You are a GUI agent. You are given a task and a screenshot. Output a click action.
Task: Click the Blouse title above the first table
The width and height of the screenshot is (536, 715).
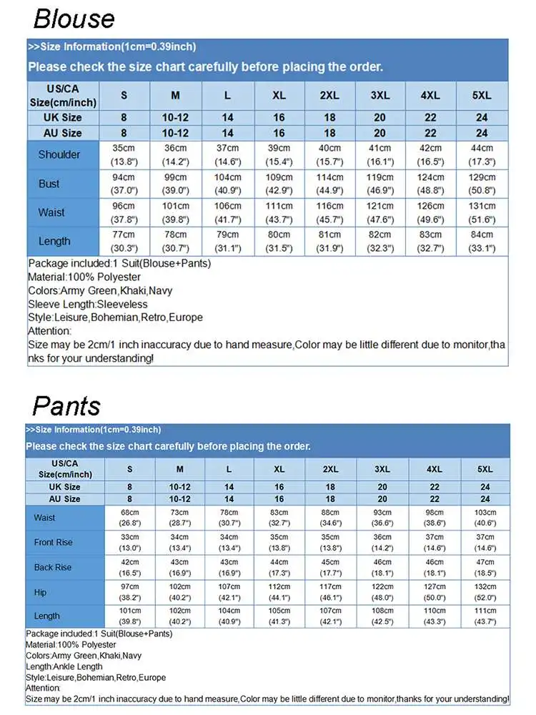(x=74, y=18)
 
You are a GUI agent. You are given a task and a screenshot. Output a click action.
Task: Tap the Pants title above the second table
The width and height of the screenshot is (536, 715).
(x=66, y=405)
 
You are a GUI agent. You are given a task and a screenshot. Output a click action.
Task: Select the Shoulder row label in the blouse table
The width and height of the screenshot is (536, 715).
(x=59, y=154)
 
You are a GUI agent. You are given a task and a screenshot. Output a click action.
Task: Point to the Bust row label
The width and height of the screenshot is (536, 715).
(x=49, y=184)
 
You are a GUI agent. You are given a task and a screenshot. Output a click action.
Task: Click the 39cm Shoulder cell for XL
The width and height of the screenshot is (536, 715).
(x=279, y=154)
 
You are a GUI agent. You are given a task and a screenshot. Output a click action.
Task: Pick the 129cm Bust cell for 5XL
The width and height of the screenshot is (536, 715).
(x=482, y=184)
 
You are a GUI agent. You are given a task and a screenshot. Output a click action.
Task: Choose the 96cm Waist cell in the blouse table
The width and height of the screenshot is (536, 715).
(x=124, y=212)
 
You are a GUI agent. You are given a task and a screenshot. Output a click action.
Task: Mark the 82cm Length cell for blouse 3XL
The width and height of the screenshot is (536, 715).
(x=379, y=241)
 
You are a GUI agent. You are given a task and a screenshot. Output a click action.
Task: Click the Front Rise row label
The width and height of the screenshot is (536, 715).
(x=53, y=543)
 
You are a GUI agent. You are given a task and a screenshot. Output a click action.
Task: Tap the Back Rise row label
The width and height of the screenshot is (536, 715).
(x=53, y=568)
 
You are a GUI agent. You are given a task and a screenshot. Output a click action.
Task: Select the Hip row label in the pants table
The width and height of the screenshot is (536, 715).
(x=40, y=592)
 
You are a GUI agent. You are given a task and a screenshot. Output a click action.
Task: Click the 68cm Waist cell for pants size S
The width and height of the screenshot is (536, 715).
(x=130, y=518)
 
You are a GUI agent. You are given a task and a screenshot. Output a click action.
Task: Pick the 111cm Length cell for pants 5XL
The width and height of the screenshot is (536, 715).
(x=485, y=616)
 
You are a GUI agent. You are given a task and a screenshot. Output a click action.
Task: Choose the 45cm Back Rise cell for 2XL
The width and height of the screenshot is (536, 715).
(x=330, y=568)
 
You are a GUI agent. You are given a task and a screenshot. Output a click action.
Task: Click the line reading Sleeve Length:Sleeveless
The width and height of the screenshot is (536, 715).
(x=88, y=304)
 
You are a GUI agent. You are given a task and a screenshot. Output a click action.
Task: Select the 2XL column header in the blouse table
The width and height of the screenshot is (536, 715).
(x=329, y=96)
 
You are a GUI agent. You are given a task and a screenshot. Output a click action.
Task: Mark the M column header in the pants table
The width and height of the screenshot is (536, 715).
(x=179, y=469)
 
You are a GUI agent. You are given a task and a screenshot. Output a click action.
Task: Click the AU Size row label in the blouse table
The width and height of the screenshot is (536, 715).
(x=62, y=133)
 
